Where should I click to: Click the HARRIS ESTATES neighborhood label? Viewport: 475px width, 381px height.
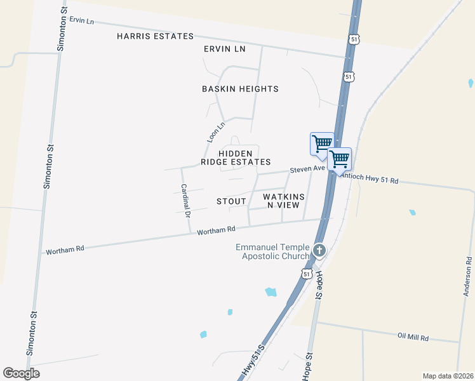coord(155,36)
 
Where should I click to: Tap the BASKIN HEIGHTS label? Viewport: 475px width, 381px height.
coord(240,89)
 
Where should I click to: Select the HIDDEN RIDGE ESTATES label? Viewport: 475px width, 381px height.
coord(236,157)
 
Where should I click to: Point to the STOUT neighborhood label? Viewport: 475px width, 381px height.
coord(231,201)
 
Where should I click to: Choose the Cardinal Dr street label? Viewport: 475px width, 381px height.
coord(185,201)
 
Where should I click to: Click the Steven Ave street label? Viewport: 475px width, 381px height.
coord(307,169)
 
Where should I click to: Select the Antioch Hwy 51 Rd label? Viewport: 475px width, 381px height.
coord(370,180)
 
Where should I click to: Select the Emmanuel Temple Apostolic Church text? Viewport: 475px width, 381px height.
coord(272,251)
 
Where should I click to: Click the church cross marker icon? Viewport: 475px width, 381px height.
coord(319,251)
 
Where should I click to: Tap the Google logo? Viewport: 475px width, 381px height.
coord(21,373)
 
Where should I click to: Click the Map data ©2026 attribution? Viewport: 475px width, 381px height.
coord(448,376)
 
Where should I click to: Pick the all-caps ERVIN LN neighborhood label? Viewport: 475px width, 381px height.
coord(224,49)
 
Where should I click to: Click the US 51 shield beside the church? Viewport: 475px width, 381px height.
coord(307,274)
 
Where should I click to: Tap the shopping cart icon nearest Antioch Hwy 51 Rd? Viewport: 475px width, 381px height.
coord(340,159)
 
